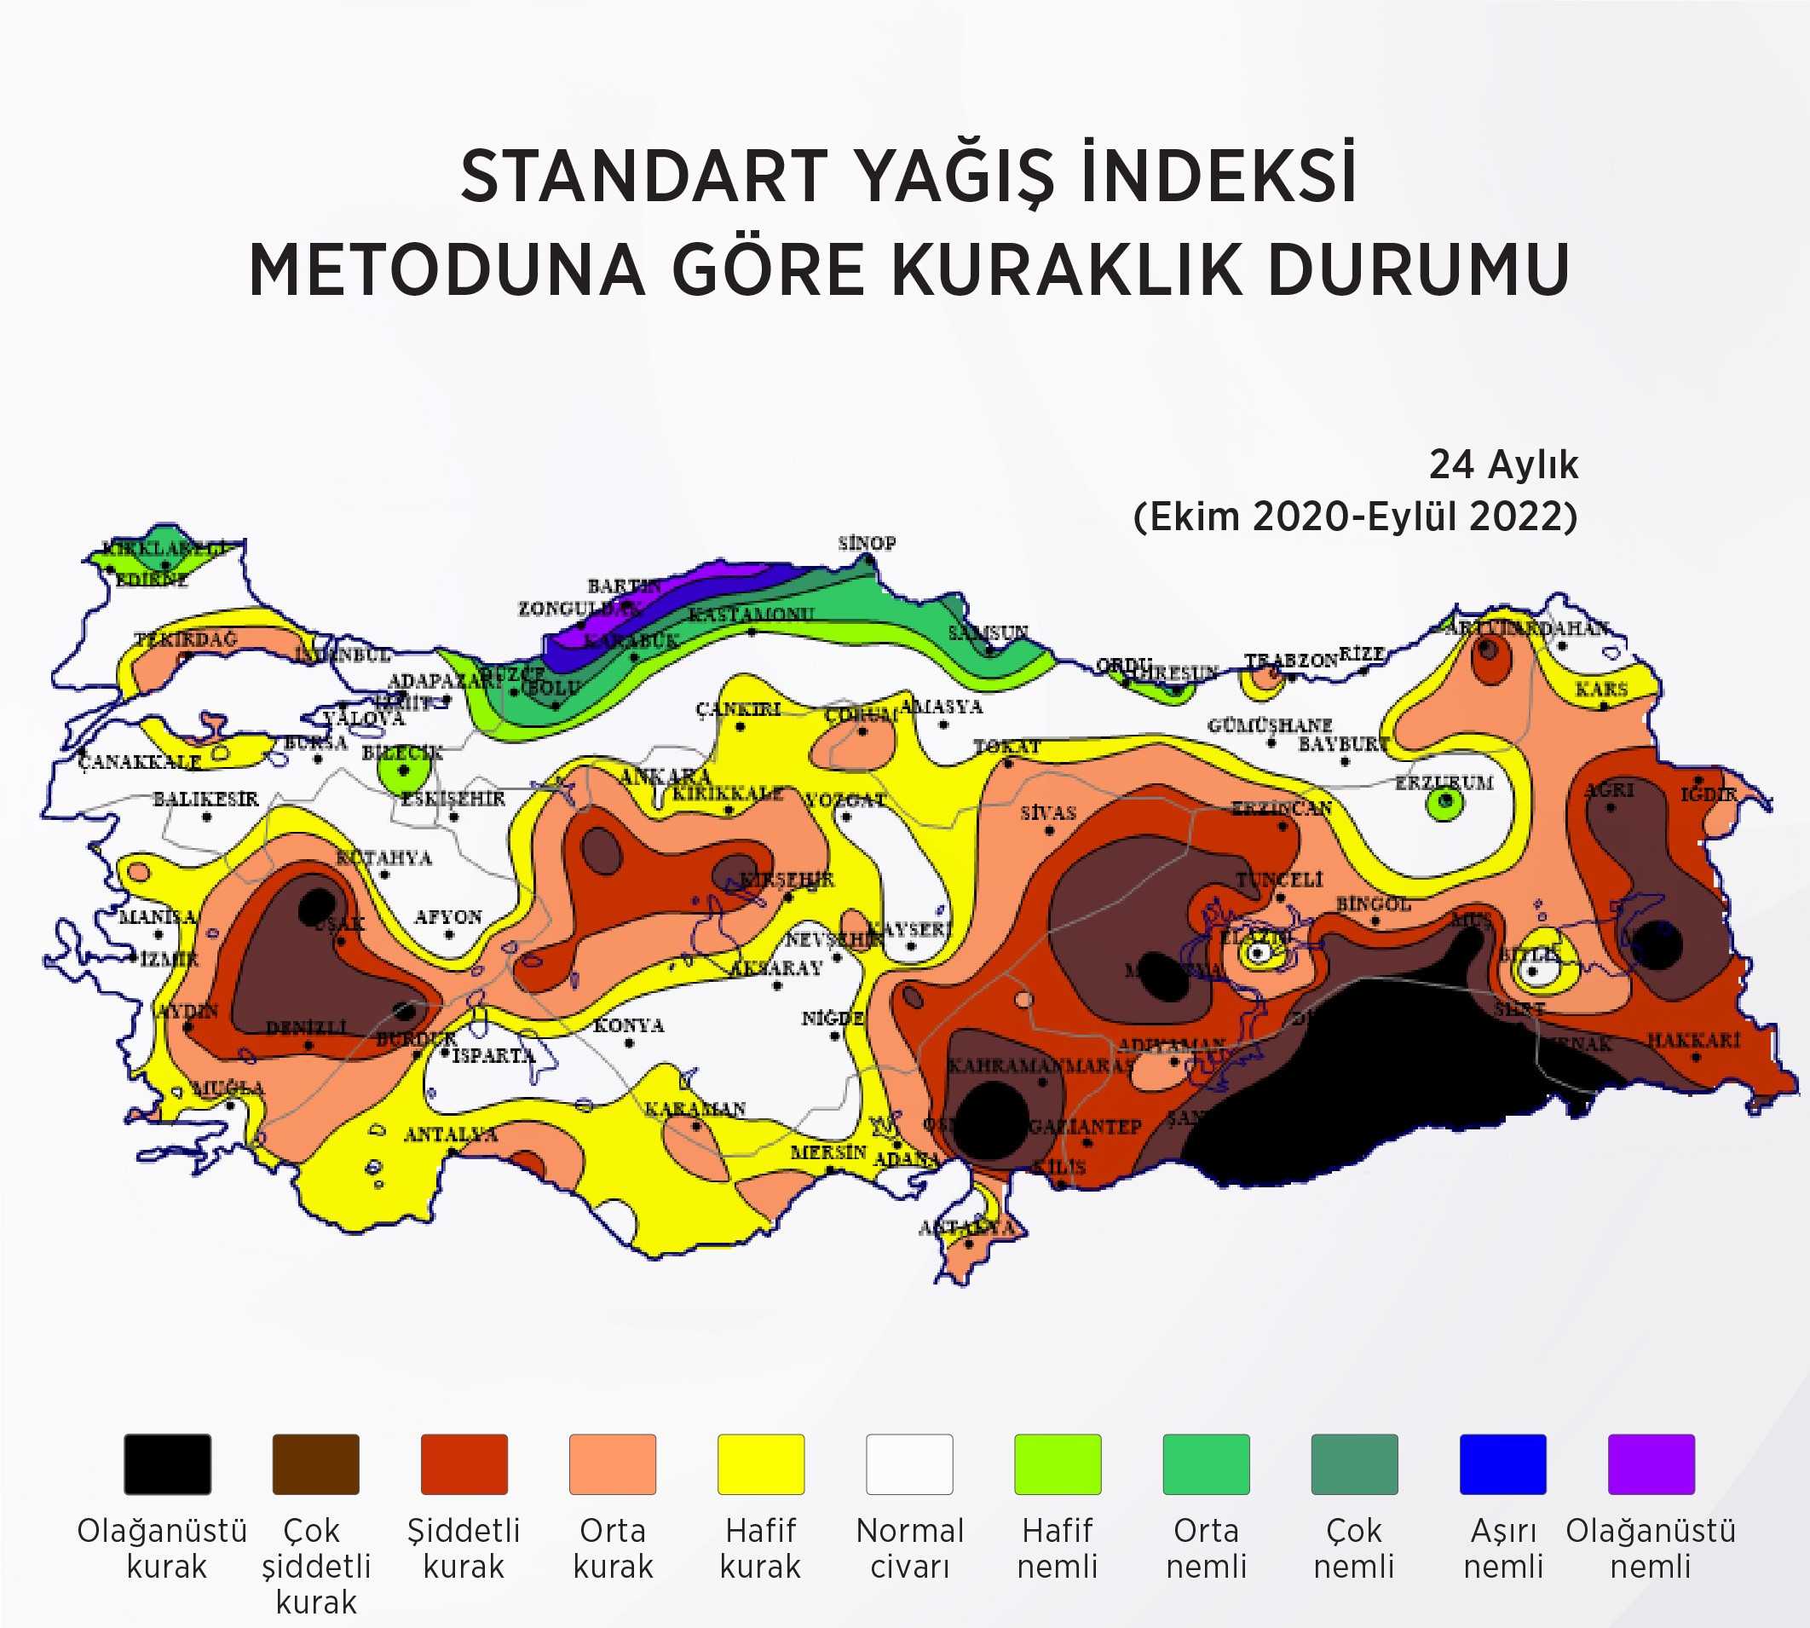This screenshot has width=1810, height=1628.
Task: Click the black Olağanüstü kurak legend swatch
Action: point(167,1464)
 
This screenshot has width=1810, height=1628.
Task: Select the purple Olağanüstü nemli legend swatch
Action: point(1651,1464)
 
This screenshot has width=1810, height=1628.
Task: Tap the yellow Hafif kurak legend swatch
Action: point(760,1464)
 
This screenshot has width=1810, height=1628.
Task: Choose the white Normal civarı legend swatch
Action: point(909,1464)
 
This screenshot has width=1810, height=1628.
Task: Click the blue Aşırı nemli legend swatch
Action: point(1502,1464)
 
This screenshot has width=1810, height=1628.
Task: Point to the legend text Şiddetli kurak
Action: point(464,1549)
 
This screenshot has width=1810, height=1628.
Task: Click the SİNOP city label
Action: point(867,543)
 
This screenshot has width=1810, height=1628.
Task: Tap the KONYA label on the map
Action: point(628,1025)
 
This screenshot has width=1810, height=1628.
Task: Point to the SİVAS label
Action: point(1048,813)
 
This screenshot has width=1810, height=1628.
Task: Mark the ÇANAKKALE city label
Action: point(139,762)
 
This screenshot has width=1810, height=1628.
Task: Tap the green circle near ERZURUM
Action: point(1444,804)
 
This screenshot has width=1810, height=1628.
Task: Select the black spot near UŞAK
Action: point(316,907)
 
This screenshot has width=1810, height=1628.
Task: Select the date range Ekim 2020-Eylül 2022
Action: point(1354,517)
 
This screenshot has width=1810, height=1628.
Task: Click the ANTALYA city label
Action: point(450,1135)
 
